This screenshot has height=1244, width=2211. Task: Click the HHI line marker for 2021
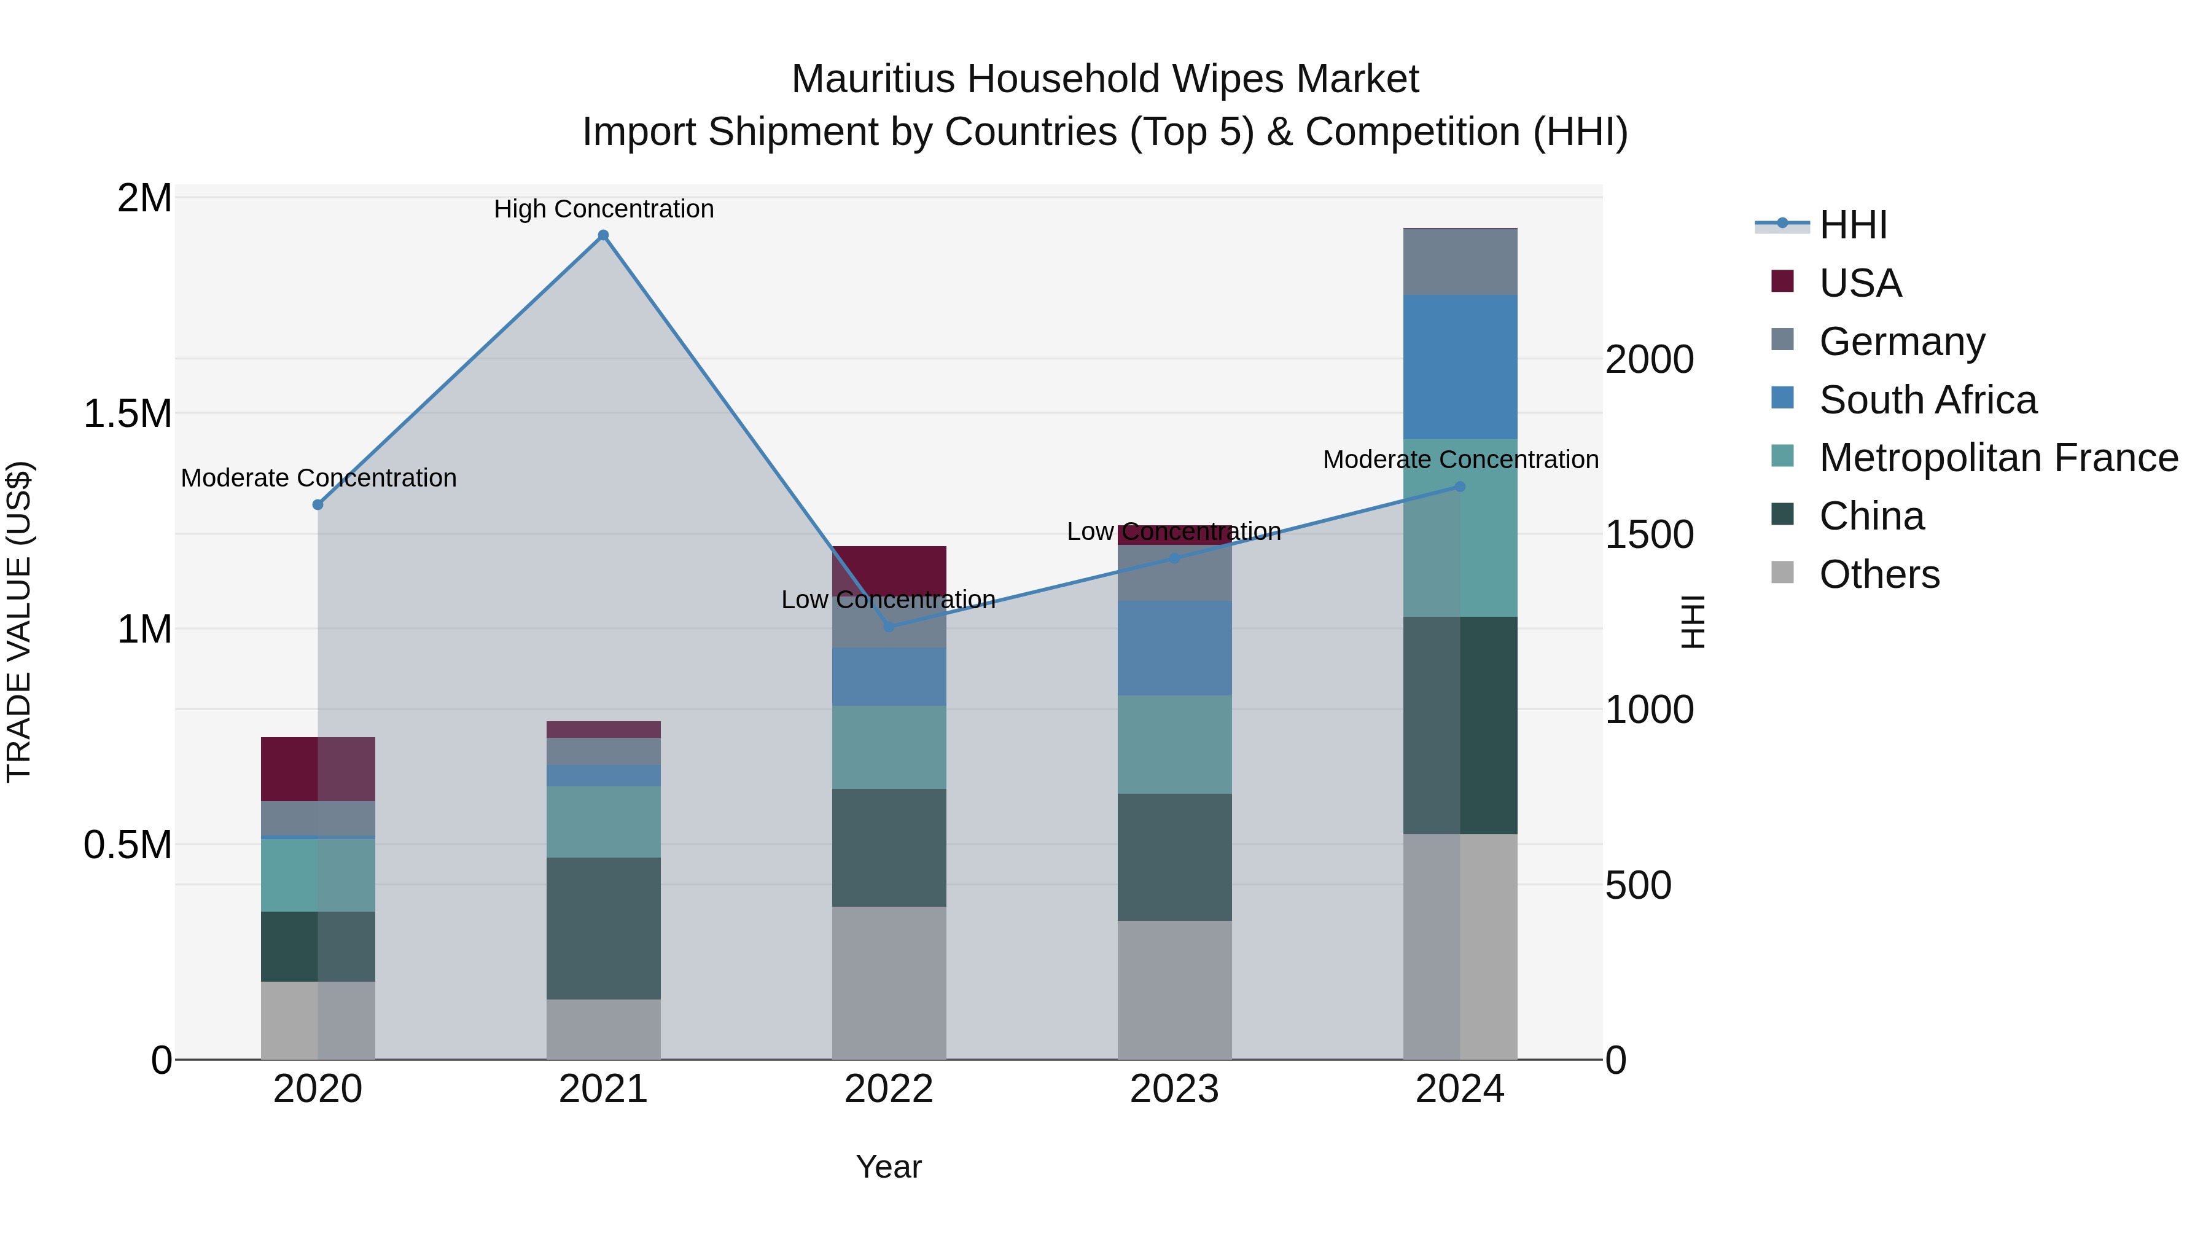(x=603, y=235)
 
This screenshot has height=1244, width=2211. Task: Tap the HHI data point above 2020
(x=318, y=505)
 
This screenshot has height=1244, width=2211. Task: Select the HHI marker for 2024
(x=1460, y=487)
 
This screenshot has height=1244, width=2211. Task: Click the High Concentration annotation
(x=603, y=209)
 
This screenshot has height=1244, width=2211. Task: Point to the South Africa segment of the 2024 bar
(x=1460, y=367)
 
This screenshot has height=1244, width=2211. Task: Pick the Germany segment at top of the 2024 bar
(x=1460, y=262)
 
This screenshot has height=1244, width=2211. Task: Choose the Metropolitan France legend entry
(x=1998, y=458)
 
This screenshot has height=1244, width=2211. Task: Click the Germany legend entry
(x=1902, y=342)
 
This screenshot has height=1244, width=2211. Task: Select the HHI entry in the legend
(x=1852, y=225)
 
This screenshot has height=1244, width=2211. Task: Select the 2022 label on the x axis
(x=889, y=1089)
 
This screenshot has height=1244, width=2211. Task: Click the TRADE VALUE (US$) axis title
(x=19, y=622)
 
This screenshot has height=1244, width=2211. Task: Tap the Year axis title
(x=889, y=1167)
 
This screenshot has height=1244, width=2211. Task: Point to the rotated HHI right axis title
(x=1693, y=622)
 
